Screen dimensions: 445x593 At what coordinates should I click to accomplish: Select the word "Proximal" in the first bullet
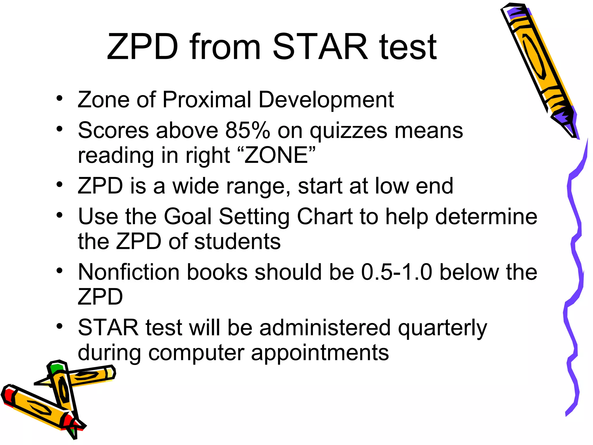point(207,100)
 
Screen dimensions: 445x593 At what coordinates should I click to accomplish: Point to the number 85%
point(248,130)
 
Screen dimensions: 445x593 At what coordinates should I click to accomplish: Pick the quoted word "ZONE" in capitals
point(276,155)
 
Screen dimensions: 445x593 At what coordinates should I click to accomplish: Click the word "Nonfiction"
point(129,272)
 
